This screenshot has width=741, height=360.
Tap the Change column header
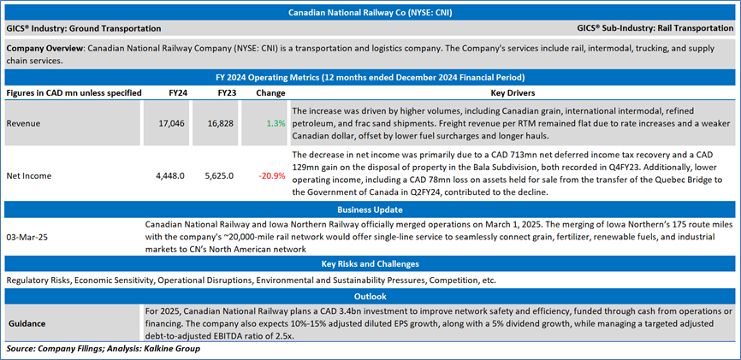[270, 91]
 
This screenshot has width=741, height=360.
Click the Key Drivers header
[512, 91]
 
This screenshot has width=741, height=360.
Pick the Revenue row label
[24, 123]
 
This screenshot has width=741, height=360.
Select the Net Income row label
[30, 176]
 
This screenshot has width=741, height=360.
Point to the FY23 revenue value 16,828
[221, 123]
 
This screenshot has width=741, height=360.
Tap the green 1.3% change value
[276, 123]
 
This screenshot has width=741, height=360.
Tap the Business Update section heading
[370, 209]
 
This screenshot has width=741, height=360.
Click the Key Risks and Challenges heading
[370, 264]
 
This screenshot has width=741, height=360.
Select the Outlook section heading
[370, 294]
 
